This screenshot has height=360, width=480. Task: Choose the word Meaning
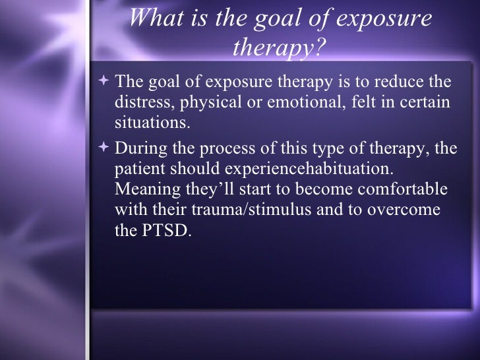144,190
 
